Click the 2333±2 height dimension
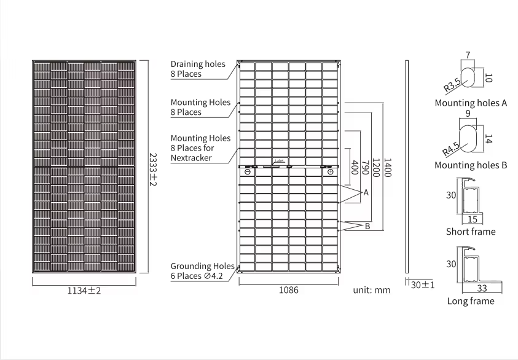coord(153,170)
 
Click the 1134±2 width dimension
coord(84,291)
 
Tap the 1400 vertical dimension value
coord(387,168)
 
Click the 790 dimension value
coord(365,168)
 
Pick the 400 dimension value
coord(354,168)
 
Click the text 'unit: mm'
coord(372,290)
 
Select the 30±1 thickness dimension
coord(422,285)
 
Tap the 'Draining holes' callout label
coord(198,64)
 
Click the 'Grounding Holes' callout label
coord(202,266)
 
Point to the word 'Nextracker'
coord(191,158)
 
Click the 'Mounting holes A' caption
coord(470,103)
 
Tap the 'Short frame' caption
coord(470,232)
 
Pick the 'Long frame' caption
coord(471,301)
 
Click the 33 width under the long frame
coord(482,288)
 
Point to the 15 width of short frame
coord(472,219)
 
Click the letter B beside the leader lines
coord(367,226)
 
